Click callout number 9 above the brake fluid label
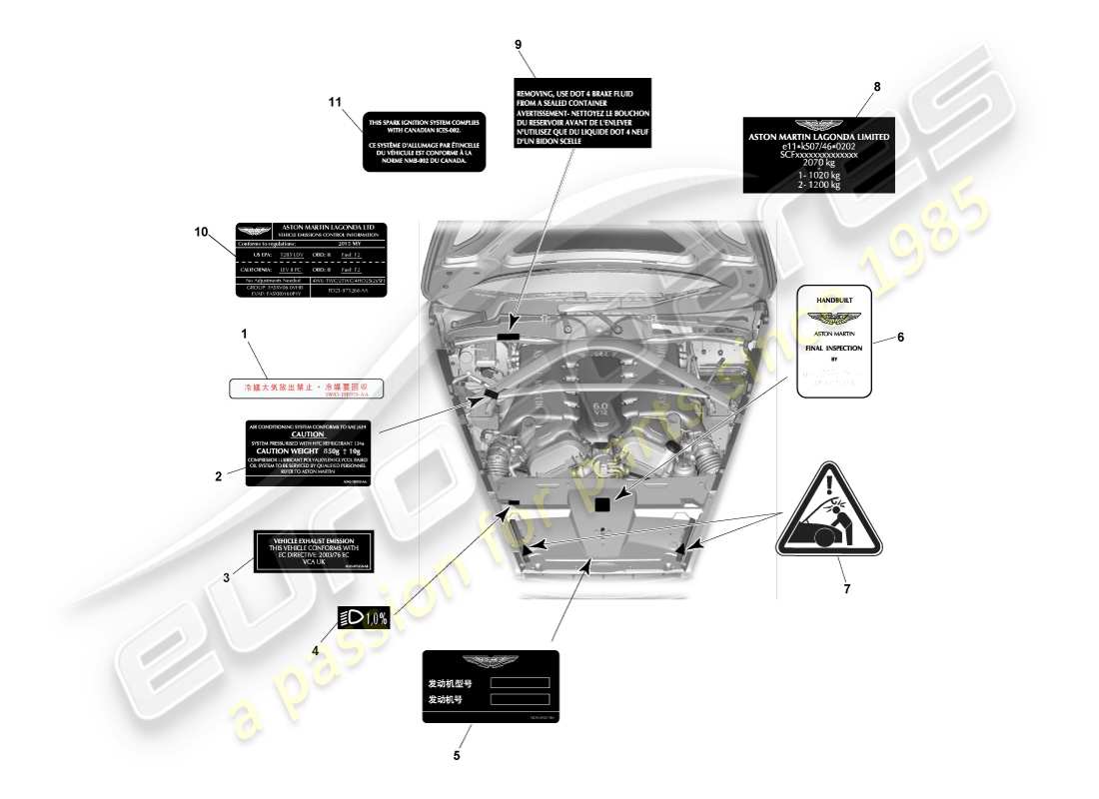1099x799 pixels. click(x=518, y=44)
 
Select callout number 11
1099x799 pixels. click(x=336, y=102)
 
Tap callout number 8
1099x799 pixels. click(x=876, y=87)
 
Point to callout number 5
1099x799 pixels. click(x=457, y=755)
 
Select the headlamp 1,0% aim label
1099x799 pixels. click(x=364, y=618)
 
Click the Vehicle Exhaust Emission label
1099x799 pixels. click(x=313, y=552)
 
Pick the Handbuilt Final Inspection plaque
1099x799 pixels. click(x=834, y=342)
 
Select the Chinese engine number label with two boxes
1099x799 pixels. click(x=490, y=686)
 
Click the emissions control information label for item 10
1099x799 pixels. click(x=311, y=261)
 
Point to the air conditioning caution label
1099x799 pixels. click(x=308, y=454)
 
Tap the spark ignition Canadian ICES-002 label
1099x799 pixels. click(x=425, y=141)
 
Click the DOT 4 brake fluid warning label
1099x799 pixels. click(x=583, y=113)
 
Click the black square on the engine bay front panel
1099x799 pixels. click(x=601, y=505)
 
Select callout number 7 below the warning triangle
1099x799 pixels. click(x=846, y=588)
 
